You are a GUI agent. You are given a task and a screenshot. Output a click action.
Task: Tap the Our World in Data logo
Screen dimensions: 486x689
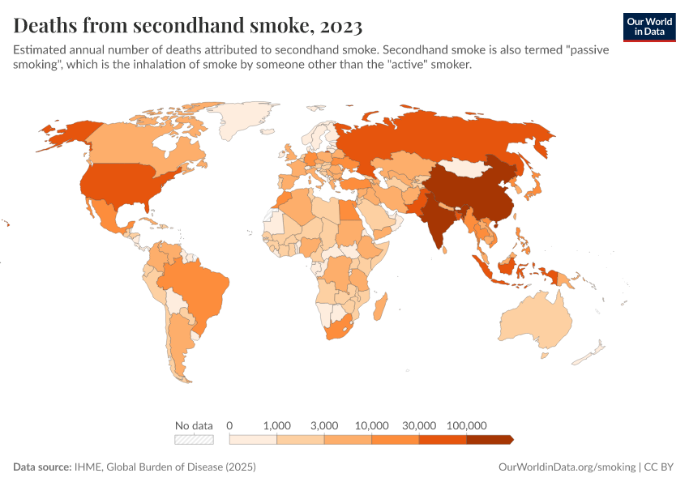pos(648,27)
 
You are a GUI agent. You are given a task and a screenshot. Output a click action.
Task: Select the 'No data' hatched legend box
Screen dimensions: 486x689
pos(195,440)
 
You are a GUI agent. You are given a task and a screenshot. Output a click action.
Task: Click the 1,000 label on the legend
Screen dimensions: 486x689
pos(277,425)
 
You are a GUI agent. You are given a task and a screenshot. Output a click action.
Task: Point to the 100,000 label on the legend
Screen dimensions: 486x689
pos(466,425)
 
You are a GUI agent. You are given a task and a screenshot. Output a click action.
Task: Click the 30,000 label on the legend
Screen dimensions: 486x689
pos(419,425)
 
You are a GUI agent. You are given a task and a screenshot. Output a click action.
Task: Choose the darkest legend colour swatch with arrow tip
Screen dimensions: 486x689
pos(490,440)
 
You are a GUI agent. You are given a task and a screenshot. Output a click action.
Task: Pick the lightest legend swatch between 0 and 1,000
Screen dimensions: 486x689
pos(254,440)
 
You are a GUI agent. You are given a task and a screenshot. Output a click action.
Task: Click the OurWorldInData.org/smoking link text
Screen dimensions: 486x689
pos(565,467)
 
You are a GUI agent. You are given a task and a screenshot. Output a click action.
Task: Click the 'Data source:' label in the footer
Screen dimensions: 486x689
pos(42,467)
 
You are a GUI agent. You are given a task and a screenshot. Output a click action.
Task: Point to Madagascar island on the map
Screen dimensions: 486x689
pos(380,309)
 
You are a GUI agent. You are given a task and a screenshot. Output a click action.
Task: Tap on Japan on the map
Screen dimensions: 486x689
pos(533,185)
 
